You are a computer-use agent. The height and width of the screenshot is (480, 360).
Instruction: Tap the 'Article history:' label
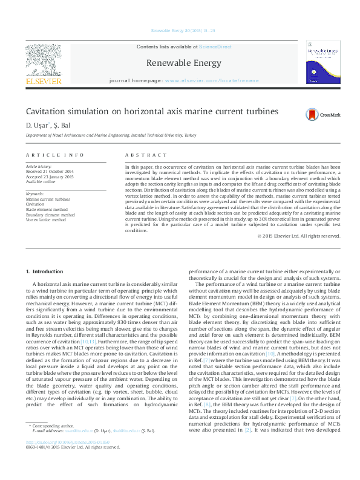point(39,166)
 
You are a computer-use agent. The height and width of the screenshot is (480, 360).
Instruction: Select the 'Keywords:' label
point(36,193)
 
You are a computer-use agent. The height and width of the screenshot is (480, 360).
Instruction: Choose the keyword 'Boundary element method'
point(50,214)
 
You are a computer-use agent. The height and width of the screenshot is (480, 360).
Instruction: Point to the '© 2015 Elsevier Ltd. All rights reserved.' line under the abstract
point(298,236)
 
